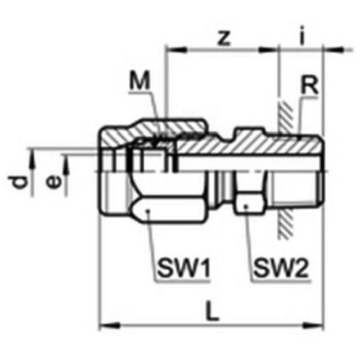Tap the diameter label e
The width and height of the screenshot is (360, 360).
pos(52,181)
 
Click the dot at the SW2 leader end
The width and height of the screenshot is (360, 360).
pos(247,206)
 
